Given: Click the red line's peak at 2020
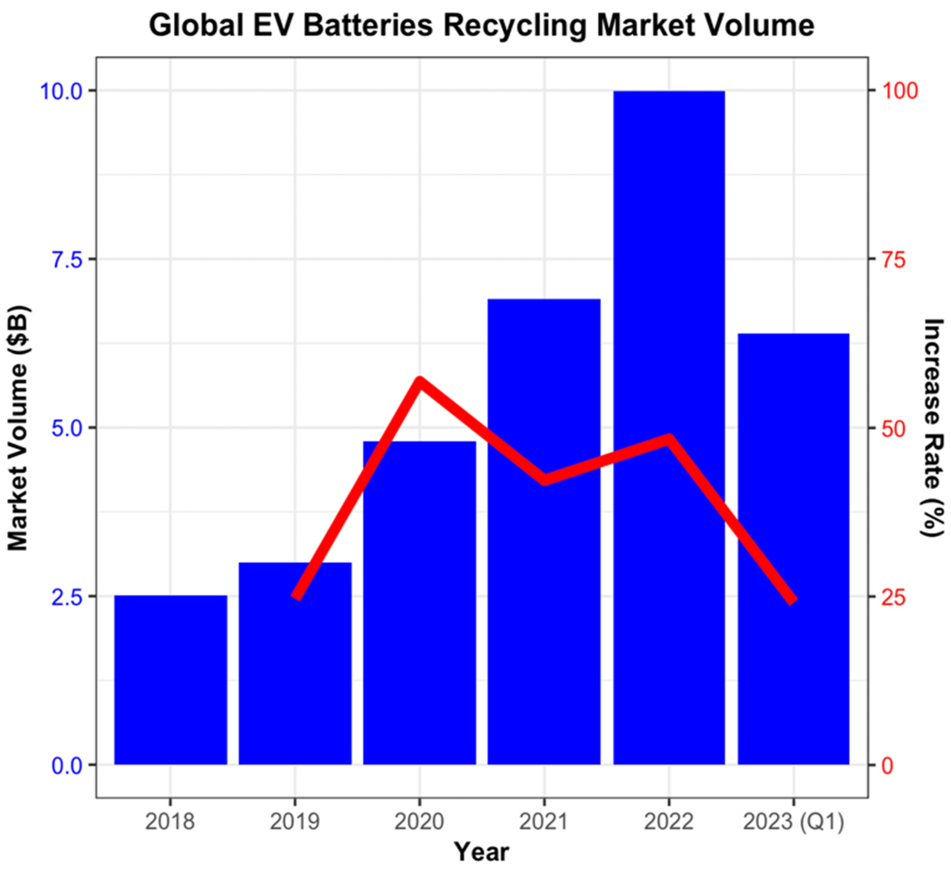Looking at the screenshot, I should click(419, 381).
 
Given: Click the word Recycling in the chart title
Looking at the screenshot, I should click(514, 26).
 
